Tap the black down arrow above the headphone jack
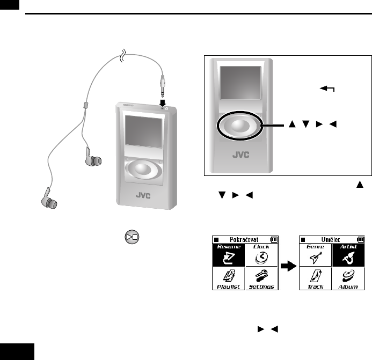[162, 101]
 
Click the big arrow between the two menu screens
[288, 266]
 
